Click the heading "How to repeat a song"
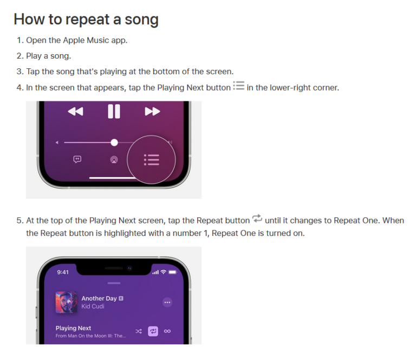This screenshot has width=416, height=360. [86, 20]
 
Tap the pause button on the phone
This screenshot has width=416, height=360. [114, 111]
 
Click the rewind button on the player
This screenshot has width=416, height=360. [76, 111]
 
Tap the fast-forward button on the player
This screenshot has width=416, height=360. [153, 111]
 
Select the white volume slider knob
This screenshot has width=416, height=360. [114, 143]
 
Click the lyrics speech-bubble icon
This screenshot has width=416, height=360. [77, 159]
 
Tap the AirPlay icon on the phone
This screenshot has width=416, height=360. [114, 159]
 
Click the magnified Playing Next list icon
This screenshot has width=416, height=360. [152, 160]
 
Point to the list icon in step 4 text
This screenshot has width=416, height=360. [238, 86]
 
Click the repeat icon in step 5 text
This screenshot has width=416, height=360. [257, 218]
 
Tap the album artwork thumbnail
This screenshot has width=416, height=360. [66, 303]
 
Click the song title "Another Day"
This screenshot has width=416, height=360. [99, 298]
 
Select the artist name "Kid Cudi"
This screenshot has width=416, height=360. [93, 306]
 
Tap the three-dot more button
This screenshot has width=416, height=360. [167, 303]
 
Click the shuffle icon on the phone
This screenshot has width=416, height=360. [139, 331]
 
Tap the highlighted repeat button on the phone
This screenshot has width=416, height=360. [153, 331]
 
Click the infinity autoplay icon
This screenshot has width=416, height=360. [167, 331]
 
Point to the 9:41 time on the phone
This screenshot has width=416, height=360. [63, 272]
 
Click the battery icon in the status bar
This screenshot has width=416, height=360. [173, 272]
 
